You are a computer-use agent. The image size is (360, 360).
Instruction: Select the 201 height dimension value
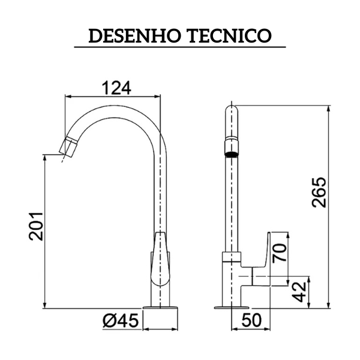(37, 226)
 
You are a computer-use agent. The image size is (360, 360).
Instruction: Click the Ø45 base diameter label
(120, 322)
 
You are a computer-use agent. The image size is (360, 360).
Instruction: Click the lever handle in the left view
(159, 258)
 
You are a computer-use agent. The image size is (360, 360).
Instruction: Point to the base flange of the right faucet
(231, 307)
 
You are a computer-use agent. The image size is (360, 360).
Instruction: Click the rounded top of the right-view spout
(231, 112)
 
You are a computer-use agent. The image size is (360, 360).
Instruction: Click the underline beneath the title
(180, 47)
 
